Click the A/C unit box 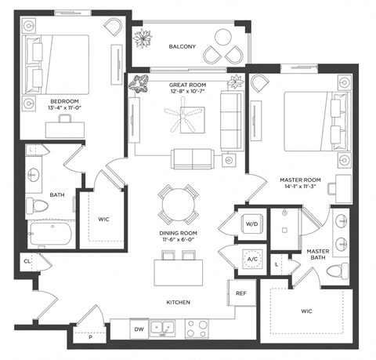(x=253, y=258)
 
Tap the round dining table (x=176, y=206)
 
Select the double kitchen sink (x=162, y=328)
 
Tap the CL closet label (x=26, y=263)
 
